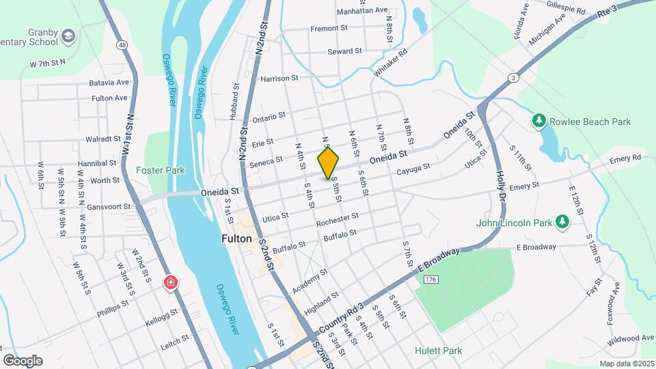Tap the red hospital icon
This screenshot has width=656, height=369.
click(170, 283)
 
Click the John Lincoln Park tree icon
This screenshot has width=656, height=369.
click(562, 221)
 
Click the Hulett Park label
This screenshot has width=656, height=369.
click(438, 351)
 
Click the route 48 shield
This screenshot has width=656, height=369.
click(122, 45)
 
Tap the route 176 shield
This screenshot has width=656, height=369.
click(430, 280)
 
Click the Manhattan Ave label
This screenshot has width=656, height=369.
click(363, 11)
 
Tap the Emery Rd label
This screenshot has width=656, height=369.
click(627, 158)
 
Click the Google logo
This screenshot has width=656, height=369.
click(23, 360)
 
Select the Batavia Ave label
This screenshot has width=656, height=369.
click(109, 83)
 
